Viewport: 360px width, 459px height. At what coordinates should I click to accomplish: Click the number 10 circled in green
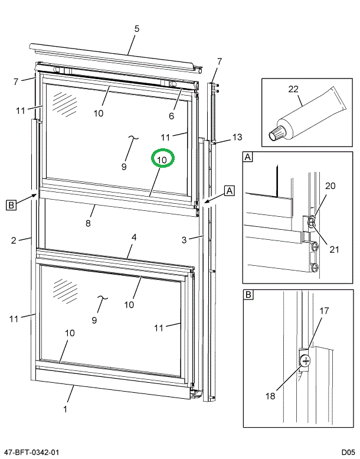(x=163, y=159)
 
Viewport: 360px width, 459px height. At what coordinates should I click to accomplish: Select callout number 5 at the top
(x=137, y=28)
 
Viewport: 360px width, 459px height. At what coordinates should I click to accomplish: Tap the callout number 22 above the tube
(x=293, y=89)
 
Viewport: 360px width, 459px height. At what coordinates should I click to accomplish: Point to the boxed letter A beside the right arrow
(x=230, y=191)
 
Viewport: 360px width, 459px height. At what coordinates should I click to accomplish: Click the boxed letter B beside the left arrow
(x=11, y=205)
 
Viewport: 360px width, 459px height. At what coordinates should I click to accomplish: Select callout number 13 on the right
(x=237, y=137)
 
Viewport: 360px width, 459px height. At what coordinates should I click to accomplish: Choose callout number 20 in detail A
(x=330, y=185)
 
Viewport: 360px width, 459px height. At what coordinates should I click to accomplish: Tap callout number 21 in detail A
(x=334, y=249)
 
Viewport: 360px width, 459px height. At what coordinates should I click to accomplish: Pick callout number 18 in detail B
(x=270, y=396)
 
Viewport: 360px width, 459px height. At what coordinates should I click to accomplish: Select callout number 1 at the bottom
(x=66, y=408)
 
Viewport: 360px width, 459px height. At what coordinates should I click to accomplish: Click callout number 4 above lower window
(x=134, y=237)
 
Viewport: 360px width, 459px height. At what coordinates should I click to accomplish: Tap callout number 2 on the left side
(x=12, y=239)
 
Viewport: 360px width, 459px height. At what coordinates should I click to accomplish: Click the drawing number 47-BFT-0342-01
(x=31, y=452)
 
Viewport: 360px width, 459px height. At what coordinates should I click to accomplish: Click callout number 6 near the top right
(x=172, y=116)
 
